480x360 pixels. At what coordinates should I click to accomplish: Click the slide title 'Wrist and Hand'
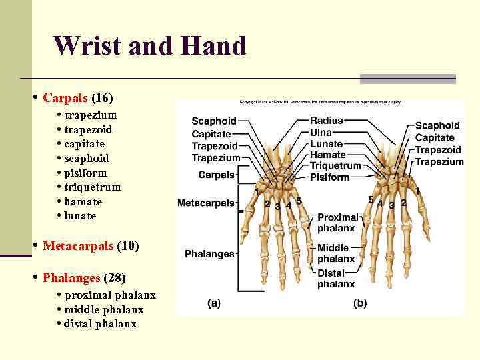pyautogui.click(x=150, y=46)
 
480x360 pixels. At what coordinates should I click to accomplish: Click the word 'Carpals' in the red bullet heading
pyautogui.click(x=65, y=98)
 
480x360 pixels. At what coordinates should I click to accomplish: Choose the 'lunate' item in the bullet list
pyautogui.click(x=80, y=216)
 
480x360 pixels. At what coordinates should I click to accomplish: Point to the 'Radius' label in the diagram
pyautogui.click(x=327, y=121)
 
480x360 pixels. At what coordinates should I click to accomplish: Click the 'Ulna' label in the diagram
pyautogui.click(x=321, y=133)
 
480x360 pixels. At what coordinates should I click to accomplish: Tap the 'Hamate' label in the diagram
pyautogui.click(x=327, y=155)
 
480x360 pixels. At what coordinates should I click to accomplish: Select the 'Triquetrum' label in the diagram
pyautogui.click(x=335, y=166)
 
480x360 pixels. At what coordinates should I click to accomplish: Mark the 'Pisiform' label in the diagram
pyautogui.click(x=330, y=177)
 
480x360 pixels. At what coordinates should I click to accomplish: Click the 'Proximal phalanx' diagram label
pyautogui.click(x=337, y=223)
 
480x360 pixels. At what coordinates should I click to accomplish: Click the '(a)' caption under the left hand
pyautogui.click(x=214, y=303)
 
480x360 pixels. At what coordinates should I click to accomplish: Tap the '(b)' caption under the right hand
pyautogui.click(x=359, y=303)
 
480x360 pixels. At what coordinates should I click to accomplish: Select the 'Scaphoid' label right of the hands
pyautogui.click(x=437, y=125)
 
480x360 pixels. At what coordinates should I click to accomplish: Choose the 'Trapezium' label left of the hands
pyautogui.click(x=215, y=158)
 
